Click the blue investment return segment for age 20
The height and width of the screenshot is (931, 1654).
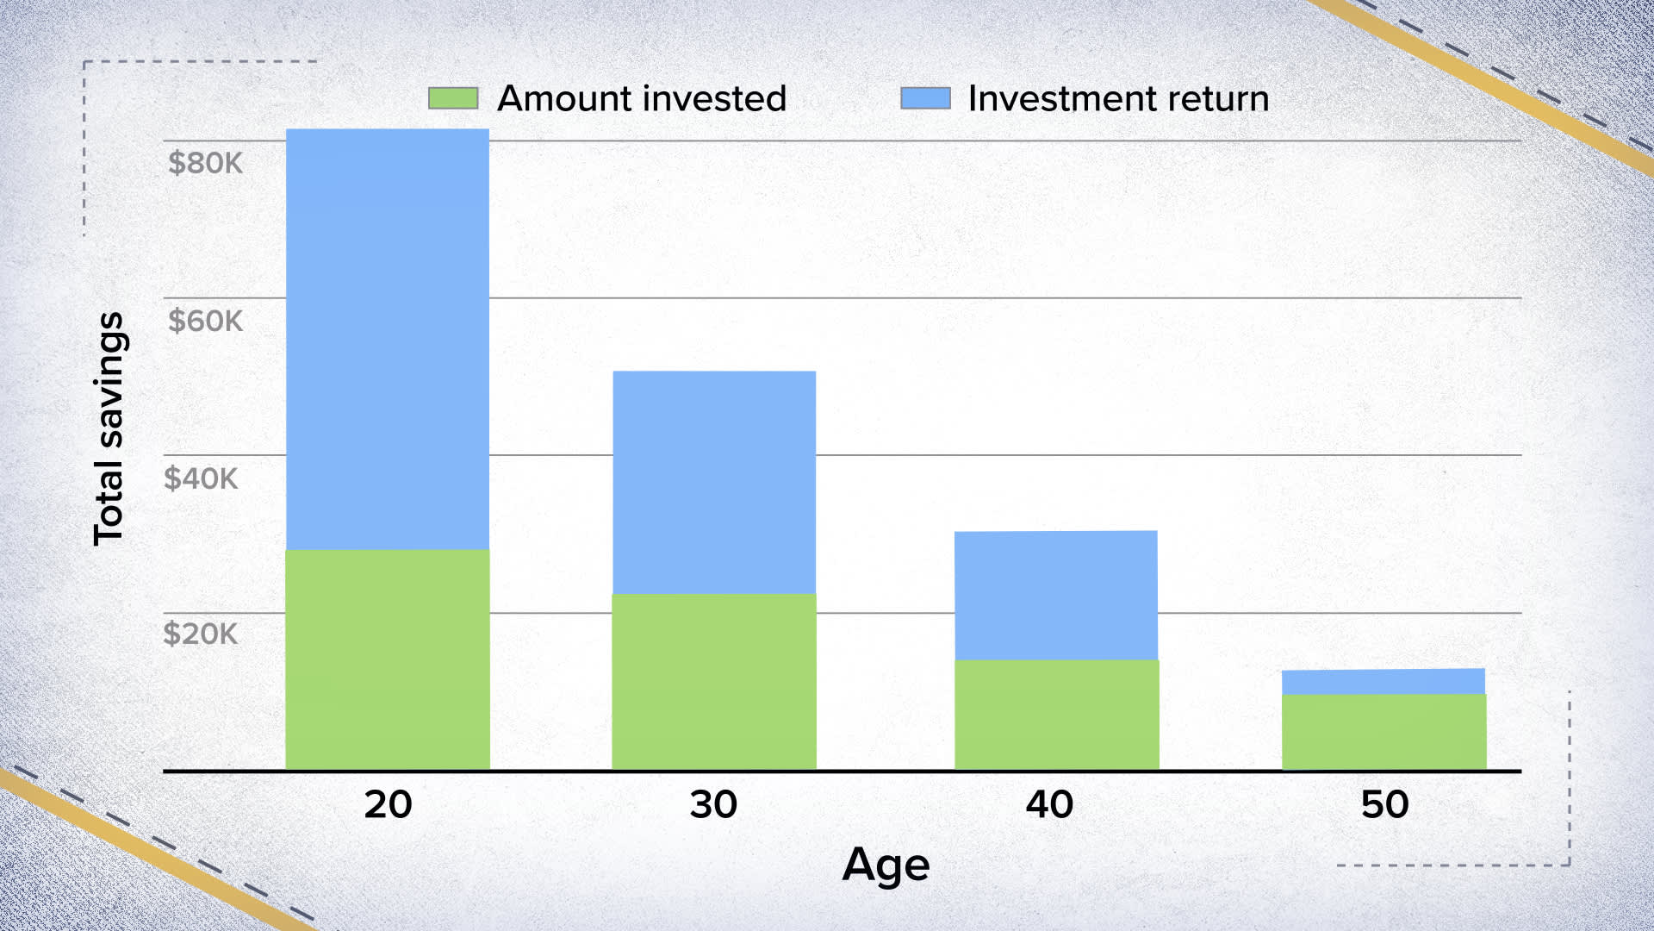point(388,339)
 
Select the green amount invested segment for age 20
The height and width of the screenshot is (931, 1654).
point(388,659)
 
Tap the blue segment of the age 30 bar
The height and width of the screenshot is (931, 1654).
point(714,482)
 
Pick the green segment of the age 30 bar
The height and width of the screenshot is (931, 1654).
point(714,681)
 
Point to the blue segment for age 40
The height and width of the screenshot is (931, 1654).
point(1056,595)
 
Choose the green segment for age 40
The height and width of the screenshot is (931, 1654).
point(1056,715)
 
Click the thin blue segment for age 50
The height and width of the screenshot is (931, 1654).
point(1384,681)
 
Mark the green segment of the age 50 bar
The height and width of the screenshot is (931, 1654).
point(1384,732)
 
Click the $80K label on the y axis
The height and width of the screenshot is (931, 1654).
point(205,163)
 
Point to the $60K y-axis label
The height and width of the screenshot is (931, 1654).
point(205,321)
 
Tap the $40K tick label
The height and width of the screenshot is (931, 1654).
point(201,478)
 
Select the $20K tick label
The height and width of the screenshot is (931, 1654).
point(200,634)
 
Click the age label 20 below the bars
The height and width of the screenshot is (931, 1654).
point(388,804)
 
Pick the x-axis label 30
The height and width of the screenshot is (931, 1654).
point(713,804)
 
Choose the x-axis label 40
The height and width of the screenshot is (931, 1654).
point(1049,804)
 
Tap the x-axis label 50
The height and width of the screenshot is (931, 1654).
point(1384,804)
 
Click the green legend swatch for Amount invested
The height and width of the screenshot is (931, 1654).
point(453,98)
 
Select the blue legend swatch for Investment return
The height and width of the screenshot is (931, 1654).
point(925,98)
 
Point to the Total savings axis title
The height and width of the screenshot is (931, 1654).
point(109,428)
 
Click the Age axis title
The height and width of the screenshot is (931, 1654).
point(886,865)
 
